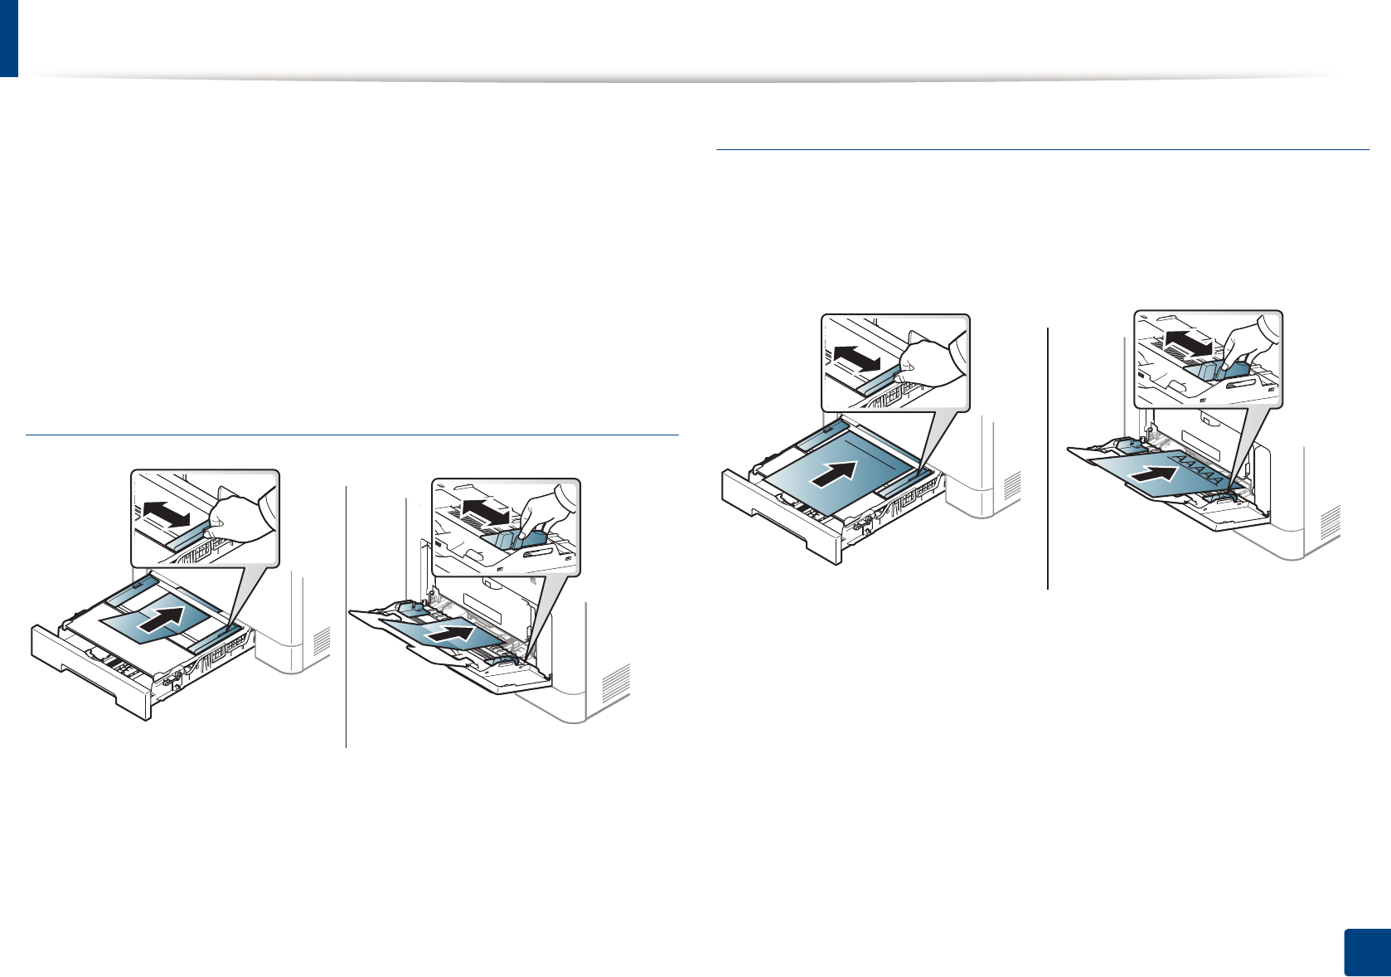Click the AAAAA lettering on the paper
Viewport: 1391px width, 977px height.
click(1198, 469)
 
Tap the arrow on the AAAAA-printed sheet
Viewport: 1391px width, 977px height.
click(1154, 475)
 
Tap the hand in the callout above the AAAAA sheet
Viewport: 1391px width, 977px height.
click(1250, 341)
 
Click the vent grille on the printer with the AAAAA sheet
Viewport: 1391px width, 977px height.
click(1329, 523)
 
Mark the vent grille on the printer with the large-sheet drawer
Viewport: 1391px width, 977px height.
click(1012, 486)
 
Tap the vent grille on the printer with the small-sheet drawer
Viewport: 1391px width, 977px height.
click(322, 639)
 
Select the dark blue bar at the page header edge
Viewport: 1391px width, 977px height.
click(8, 38)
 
